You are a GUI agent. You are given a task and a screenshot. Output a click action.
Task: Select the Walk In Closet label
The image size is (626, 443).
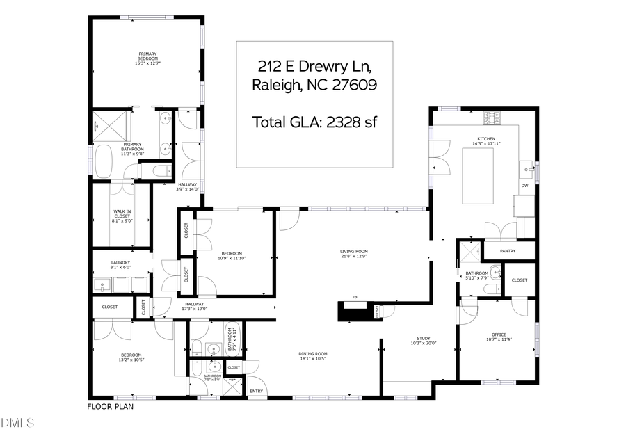(122, 216)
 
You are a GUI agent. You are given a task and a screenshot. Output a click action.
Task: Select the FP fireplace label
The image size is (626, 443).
(355, 298)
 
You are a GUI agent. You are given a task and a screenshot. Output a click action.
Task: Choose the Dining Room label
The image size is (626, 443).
(313, 355)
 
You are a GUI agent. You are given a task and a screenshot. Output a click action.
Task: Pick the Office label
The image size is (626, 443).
(497, 337)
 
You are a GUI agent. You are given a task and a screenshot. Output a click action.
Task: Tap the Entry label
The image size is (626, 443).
(256, 392)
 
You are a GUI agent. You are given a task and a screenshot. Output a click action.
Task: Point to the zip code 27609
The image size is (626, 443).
(353, 86)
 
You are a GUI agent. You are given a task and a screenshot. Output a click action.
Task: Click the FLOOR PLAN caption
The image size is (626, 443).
(110, 406)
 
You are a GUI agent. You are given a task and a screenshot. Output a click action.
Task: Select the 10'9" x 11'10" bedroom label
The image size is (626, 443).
(232, 255)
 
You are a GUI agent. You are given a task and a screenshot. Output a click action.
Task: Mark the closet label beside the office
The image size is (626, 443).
(519, 280)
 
